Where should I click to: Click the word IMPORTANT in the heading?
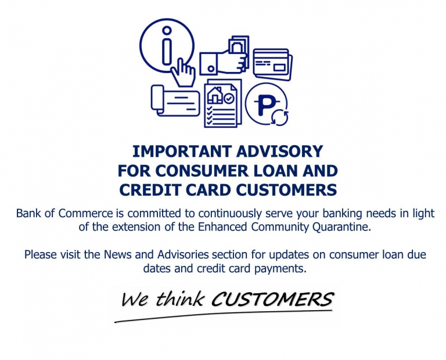[x=182, y=151]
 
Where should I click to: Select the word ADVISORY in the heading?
[x=279, y=151]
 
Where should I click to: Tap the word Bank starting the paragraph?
[x=28, y=213]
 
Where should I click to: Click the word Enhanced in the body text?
[x=222, y=226]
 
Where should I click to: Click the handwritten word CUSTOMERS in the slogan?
[x=272, y=299]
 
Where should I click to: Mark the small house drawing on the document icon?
[x=215, y=95]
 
